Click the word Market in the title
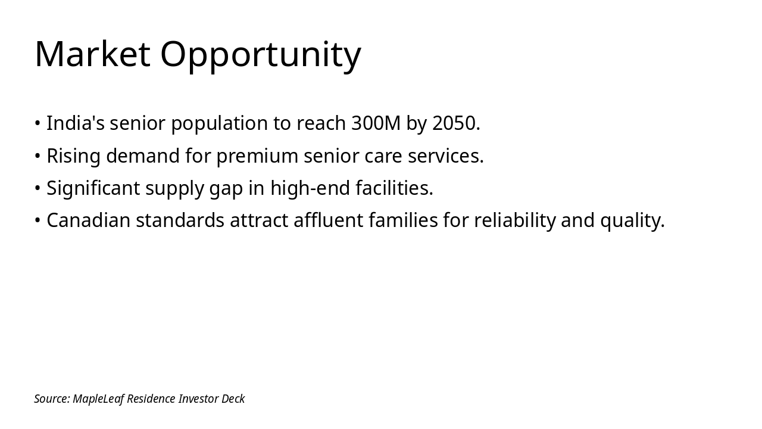pos(92,54)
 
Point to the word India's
pos(76,123)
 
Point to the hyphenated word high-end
pos(310,188)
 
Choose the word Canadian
pos(89,220)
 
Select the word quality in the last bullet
pos(630,221)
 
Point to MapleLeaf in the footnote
pos(98,399)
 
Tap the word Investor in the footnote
pos(198,399)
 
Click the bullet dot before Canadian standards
pos(38,220)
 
